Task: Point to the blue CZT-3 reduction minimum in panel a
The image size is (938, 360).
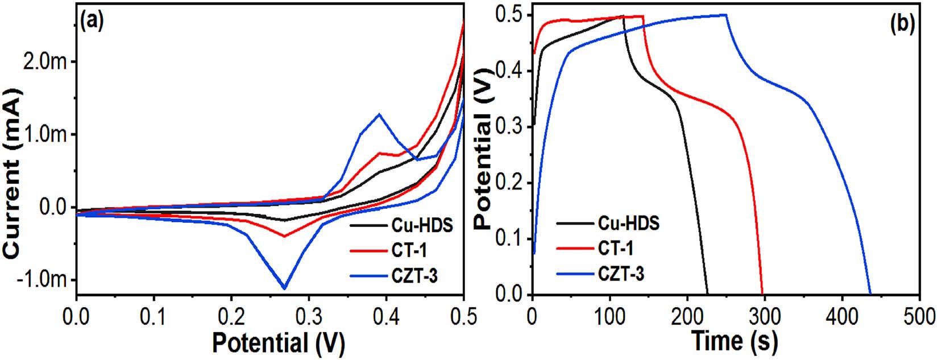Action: [x=284, y=288]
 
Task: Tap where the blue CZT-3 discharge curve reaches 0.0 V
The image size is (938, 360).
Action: [x=870, y=293]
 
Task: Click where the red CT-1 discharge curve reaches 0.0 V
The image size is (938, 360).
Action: [x=762, y=293]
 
